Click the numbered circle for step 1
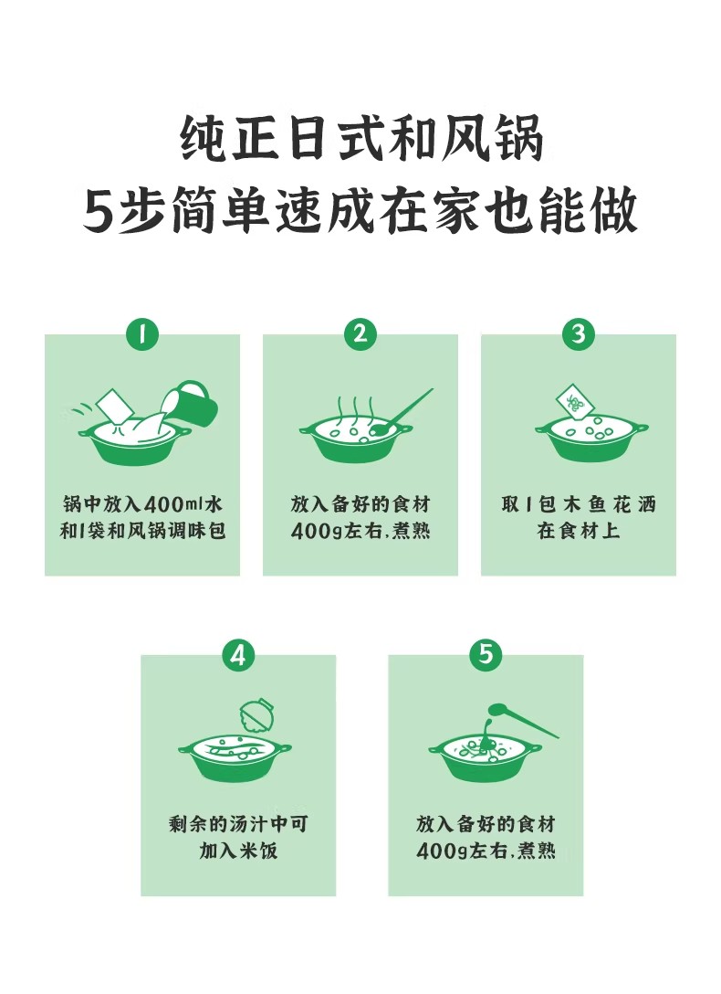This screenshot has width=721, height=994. (141, 333)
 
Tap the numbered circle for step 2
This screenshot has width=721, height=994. (360, 333)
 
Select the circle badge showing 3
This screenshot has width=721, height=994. (579, 333)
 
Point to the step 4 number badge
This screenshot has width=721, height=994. (238, 654)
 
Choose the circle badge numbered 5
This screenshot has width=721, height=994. (486, 654)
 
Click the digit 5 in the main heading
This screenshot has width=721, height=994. (99, 212)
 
